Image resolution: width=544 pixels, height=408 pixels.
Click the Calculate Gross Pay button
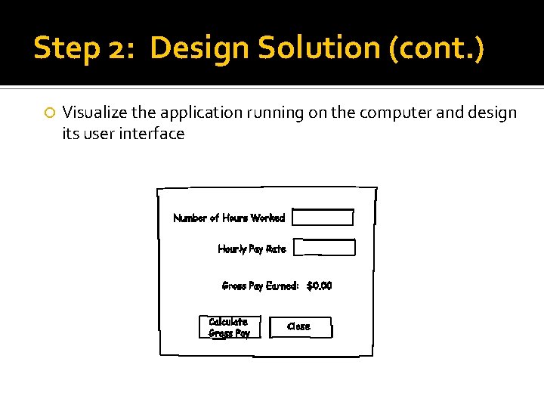(229, 327)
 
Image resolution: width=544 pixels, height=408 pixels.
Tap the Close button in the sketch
(300, 327)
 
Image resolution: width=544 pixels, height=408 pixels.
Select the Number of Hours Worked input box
(323, 218)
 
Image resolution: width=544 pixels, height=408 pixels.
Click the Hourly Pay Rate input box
(324, 248)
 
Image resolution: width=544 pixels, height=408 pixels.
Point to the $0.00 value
(319, 286)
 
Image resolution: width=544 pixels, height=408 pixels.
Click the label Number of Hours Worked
(229, 218)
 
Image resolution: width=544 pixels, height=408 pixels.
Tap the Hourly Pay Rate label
(252, 249)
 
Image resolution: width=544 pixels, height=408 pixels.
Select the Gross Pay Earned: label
(261, 286)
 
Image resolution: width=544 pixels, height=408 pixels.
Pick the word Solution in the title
(320, 48)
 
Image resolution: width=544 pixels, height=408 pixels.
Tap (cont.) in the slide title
(436, 48)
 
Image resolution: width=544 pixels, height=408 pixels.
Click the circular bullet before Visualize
(49, 113)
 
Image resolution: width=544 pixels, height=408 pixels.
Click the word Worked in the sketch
(267, 218)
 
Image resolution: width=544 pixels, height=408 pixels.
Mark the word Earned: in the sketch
(283, 286)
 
